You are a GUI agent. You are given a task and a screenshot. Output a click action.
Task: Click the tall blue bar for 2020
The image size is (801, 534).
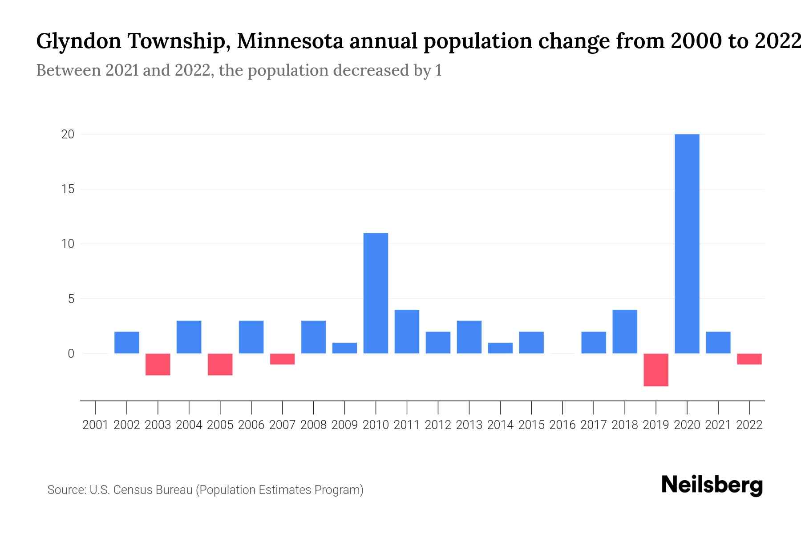pos(687,244)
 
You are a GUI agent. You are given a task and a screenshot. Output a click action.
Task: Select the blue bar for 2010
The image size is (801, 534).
pos(376,293)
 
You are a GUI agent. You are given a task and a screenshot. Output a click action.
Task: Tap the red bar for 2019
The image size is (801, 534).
pos(656,370)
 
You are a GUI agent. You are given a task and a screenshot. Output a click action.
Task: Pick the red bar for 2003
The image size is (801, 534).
pos(158,364)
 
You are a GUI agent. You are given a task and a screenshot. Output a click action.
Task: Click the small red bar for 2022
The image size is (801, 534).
pos(749,359)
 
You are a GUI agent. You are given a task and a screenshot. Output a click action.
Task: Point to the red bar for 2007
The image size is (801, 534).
pos(283,359)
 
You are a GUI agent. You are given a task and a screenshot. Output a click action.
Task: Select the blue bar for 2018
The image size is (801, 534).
pos(625,332)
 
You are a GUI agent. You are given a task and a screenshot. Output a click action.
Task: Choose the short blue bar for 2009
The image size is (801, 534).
pos(344,348)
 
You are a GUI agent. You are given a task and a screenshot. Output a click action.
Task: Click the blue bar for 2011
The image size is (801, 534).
pos(407,332)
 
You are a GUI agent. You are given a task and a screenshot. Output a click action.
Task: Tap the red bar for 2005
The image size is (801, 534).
pos(220,364)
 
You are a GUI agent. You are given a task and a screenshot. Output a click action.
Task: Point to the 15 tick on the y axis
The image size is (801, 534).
pos(68,189)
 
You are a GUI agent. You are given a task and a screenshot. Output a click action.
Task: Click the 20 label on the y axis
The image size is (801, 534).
pos(68,134)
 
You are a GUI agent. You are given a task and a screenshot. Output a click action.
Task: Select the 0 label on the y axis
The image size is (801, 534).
pos(71,354)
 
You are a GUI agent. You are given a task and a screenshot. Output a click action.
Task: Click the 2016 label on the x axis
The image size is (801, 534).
pos(562,425)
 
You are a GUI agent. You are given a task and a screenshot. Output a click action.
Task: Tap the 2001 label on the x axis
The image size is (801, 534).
pos(96,425)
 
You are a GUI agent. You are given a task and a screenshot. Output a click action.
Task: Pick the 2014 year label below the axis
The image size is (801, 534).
pos(500,425)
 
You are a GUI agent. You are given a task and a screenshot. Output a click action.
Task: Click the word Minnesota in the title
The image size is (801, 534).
pos(290,41)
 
